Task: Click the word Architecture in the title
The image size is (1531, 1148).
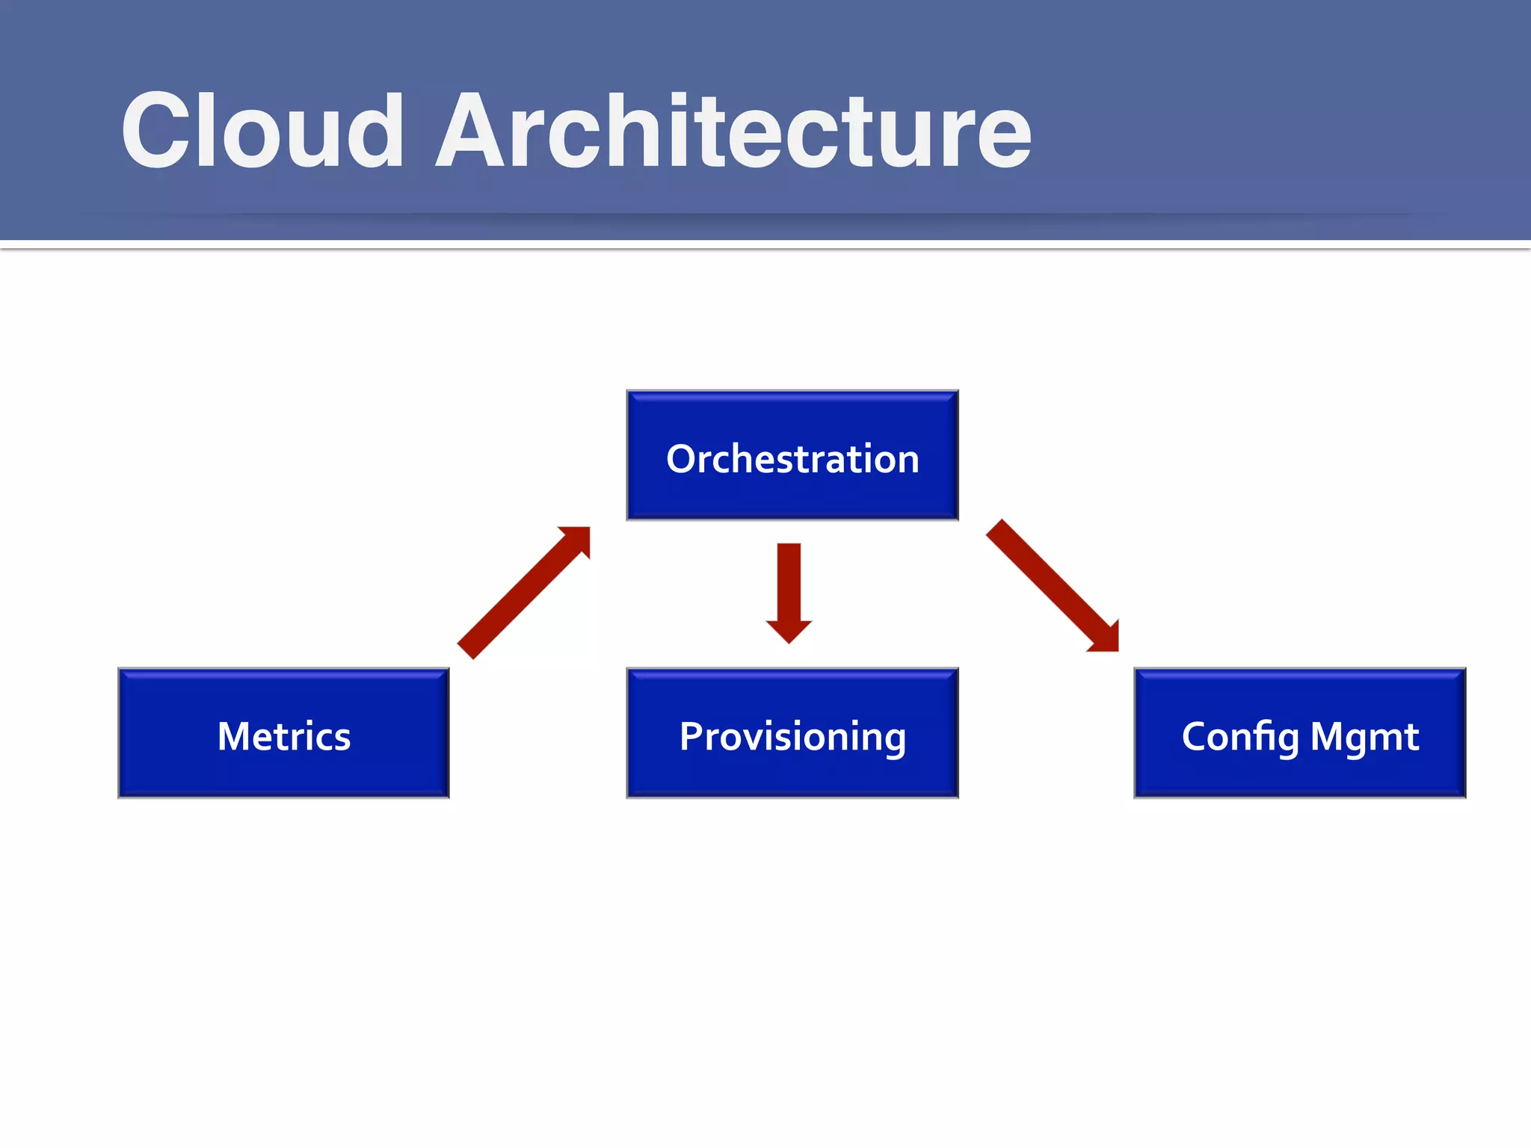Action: tap(733, 132)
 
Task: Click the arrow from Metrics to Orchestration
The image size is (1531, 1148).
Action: tap(523, 593)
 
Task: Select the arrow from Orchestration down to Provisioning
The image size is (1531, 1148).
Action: tap(789, 587)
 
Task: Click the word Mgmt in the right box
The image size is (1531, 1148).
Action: tap(1364, 737)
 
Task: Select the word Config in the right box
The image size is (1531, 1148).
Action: tap(1240, 737)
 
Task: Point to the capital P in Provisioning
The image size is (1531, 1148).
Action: tap(692, 735)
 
